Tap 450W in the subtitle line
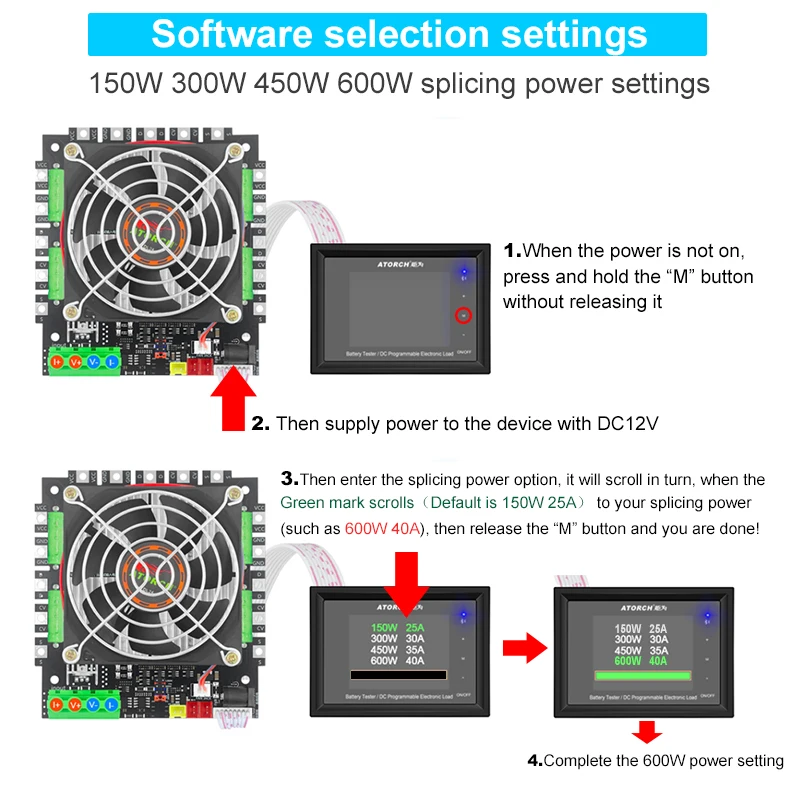[292, 82]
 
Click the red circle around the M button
[463, 316]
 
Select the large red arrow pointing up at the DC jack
[232, 396]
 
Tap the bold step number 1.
[512, 250]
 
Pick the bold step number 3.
[289, 479]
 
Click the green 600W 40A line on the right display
[627, 660]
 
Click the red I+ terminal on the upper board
[57, 361]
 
